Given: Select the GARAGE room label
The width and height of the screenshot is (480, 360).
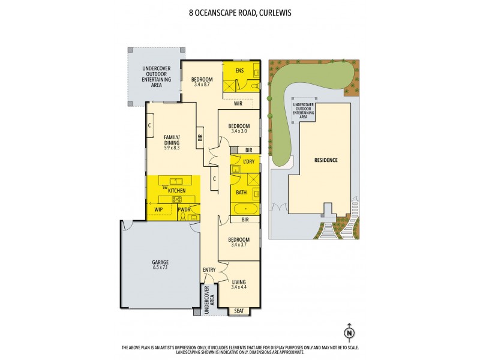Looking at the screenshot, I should tap(160, 262).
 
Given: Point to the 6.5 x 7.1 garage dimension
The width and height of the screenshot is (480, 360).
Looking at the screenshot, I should tap(160, 268).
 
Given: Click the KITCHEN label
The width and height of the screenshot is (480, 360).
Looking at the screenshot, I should tap(176, 190).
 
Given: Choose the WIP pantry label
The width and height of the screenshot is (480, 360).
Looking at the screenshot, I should tap(159, 209).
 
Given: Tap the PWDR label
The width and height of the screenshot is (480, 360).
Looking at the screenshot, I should tap(184, 209).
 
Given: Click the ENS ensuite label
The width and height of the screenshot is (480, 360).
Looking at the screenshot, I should tap(239, 70).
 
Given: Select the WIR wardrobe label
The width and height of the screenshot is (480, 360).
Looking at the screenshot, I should tap(238, 103).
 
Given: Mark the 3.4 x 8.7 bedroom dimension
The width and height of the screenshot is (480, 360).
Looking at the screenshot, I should tap(202, 85).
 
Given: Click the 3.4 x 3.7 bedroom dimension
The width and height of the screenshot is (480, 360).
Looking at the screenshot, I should tap(238, 245).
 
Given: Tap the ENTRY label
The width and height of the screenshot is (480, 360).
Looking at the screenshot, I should tap(209, 269).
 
